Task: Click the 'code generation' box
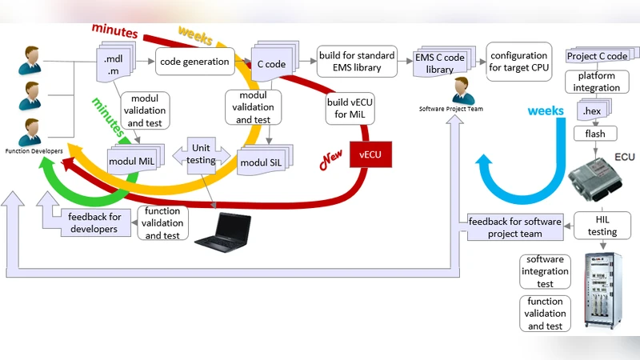click(195, 62)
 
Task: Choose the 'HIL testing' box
click(602, 226)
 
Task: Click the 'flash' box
click(594, 134)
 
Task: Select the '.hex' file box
click(593, 110)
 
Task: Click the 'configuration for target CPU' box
click(519, 62)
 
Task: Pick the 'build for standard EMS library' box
click(356, 62)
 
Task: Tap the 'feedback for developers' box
click(94, 222)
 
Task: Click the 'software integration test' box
click(545, 272)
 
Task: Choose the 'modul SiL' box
click(262, 162)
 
